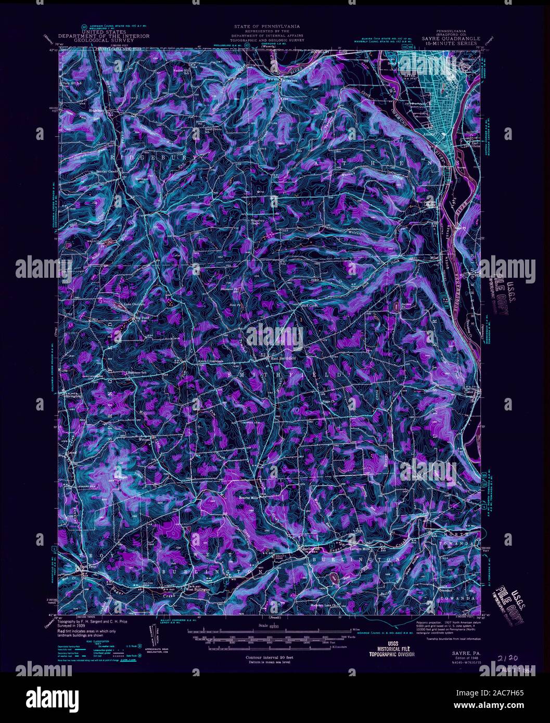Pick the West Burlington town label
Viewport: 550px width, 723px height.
tap(198, 590)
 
